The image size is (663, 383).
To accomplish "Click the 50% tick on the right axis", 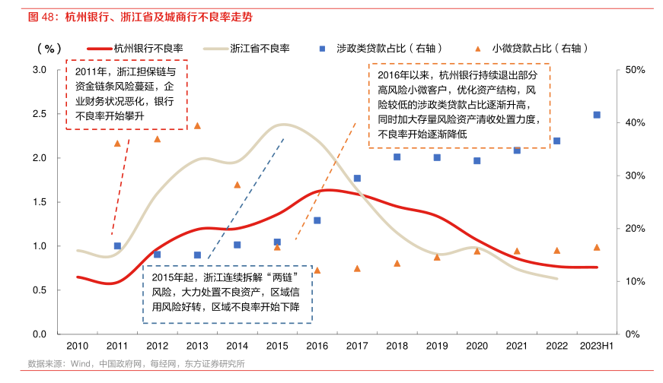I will [635, 70].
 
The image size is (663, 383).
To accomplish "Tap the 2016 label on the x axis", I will [317, 347].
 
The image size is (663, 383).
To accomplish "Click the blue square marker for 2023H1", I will [597, 115].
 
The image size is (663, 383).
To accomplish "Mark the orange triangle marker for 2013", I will [197, 126].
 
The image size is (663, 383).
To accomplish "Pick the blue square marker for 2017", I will [357, 178].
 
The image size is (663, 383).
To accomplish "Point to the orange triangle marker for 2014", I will [237, 185].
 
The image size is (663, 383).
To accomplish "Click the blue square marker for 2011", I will [117, 246].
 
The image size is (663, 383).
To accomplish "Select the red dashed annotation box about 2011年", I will [126, 95].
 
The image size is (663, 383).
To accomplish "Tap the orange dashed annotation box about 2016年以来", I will [459, 106].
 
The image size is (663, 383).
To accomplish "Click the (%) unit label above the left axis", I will [48, 48].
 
